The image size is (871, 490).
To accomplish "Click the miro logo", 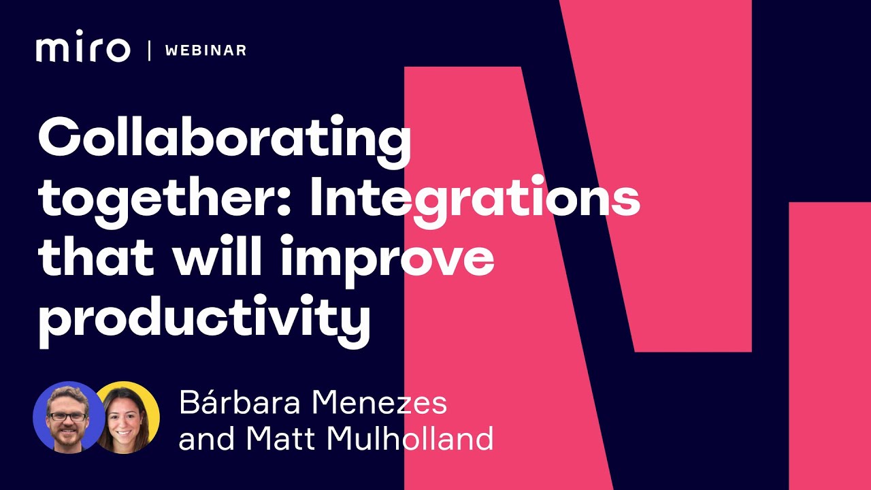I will point(83,50).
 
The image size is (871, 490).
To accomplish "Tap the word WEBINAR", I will point(206,50).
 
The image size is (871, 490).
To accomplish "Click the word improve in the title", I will point(388,260).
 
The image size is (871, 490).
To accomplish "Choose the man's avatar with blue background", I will point(65,416).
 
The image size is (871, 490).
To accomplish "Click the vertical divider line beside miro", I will point(149,50).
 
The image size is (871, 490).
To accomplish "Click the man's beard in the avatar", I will point(67,436).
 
